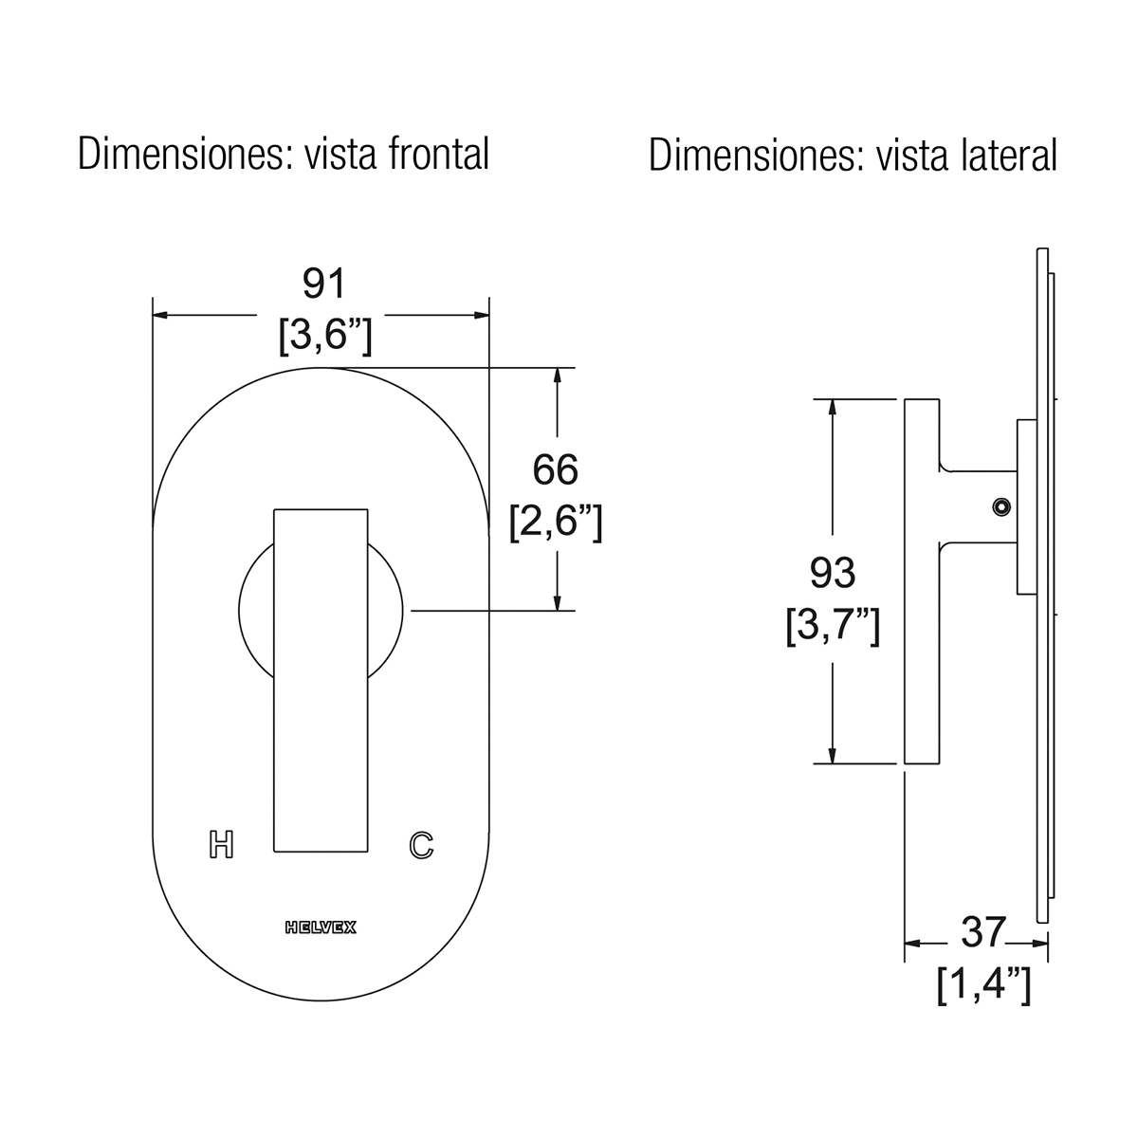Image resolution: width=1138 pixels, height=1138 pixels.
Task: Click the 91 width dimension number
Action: point(323,284)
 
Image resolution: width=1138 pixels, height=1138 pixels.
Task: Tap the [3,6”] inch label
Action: point(325,335)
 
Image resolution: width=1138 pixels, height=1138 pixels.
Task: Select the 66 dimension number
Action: point(555,469)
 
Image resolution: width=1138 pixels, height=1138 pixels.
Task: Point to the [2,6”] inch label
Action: point(556,521)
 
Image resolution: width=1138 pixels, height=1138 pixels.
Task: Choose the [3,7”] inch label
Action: point(833,625)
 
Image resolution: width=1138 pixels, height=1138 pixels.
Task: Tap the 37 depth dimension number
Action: point(982,932)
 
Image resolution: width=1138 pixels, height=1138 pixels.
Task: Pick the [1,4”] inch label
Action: point(983,983)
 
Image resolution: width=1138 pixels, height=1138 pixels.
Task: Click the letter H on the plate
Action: point(222,845)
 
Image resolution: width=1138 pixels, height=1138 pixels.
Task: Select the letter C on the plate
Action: point(421,845)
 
